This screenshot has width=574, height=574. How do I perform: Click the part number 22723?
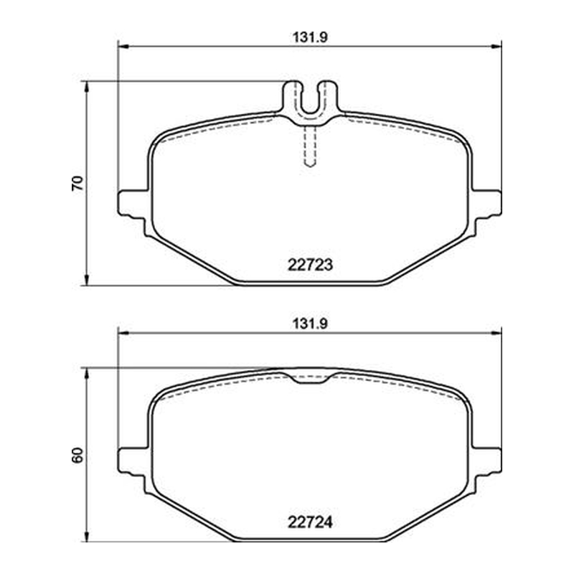coord(310,265)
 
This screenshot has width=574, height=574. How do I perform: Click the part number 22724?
coord(310,522)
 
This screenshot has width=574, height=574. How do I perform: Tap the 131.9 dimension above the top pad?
coord(310,37)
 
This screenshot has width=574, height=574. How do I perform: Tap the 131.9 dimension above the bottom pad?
coord(310,324)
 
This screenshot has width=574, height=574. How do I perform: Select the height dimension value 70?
coord(77,183)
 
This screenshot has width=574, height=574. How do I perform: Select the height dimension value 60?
coord(77,456)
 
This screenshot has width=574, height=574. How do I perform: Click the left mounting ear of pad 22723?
coord(133,205)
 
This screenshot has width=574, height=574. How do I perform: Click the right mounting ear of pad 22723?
coord(487,205)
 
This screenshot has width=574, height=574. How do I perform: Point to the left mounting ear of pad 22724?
coord(133,462)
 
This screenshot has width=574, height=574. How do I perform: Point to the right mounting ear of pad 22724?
coord(487,462)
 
